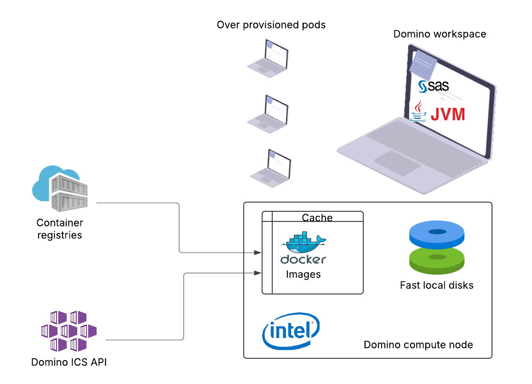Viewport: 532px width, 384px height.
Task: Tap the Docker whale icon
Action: click(x=305, y=243)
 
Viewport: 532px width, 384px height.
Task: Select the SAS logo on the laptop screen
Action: click(x=433, y=86)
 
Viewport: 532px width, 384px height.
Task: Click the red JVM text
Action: click(x=447, y=114)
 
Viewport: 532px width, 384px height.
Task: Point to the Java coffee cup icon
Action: click(x=418, y=112)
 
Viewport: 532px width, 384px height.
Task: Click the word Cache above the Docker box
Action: click(x=317, y=217)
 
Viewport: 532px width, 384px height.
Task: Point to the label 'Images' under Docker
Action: click(x=303, y=275)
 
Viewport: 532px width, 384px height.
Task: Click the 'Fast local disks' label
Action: click(x=436, y=285)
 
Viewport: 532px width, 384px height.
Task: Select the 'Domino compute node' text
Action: click(x=418, y=344)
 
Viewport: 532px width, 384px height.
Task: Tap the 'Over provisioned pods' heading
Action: click(x=271, y=25)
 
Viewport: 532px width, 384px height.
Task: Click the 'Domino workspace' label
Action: click(x=440, y=34)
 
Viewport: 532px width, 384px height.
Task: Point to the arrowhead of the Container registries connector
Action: click(x=258, y=253)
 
